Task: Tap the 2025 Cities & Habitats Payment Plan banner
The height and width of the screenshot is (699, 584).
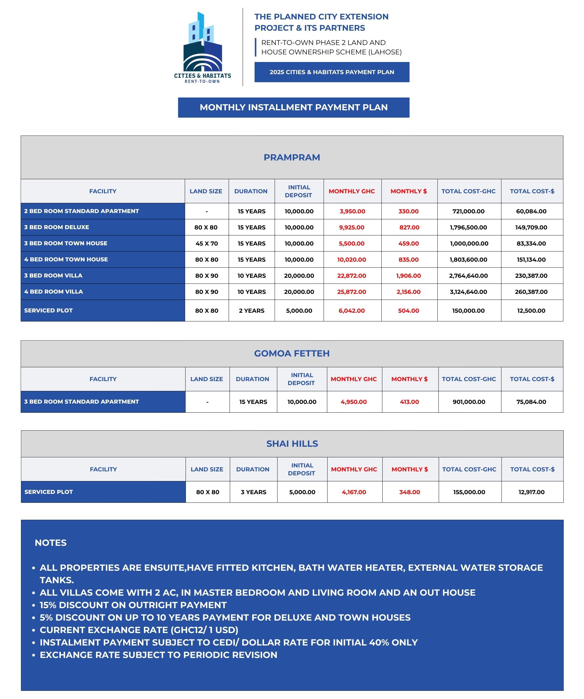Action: click(x=332, y=72)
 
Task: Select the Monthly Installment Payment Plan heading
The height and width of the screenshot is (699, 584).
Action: click(x=293, y=107)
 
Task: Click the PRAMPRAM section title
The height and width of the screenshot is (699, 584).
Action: click(x=291, y=157)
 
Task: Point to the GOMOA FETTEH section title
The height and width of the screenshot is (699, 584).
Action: click(x=291, y=353)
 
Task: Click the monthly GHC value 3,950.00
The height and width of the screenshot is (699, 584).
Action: click(x=352, y=211)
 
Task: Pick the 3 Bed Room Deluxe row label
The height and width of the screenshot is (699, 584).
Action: click(x=57, y=227)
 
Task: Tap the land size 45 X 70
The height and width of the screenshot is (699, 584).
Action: click(x=207, y=243)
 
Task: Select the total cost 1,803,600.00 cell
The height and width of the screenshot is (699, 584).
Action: click(x=468, y=259)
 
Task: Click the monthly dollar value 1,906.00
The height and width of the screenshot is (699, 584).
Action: click(x=408, y=276)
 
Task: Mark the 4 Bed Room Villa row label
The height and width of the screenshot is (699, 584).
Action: click(x=53, y=291)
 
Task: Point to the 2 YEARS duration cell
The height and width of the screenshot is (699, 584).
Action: click(x=251, y=311)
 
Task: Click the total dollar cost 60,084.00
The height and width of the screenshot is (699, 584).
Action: click(x=531, y=211)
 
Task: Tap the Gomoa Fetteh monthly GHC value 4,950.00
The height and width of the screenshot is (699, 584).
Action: click(x=353, y=402)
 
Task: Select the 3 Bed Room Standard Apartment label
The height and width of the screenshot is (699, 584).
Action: click(x=81, y=401)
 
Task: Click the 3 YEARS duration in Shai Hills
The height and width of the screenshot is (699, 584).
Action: click(x=253, y=492)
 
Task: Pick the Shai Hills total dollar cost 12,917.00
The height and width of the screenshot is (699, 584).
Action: click(x=531, y=492)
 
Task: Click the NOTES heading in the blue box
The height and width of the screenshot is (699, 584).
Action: click(x=50, y=542)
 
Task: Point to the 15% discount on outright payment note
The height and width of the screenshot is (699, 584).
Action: click(x=133, y=605)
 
